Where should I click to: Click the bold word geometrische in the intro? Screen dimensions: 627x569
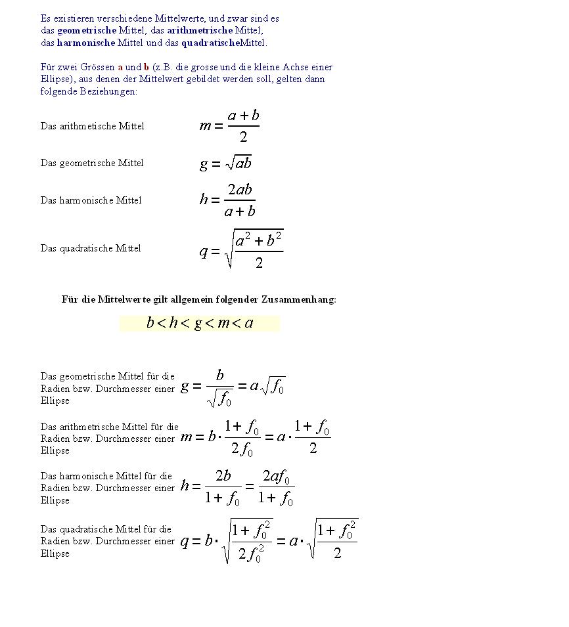click(87, 30)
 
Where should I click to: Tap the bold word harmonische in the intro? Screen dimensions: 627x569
click(86, 43)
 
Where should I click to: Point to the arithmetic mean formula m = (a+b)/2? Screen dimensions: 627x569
click(229, 125)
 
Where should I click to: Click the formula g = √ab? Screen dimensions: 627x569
click(225, 163)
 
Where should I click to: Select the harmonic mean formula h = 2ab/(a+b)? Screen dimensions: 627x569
click(227, 200)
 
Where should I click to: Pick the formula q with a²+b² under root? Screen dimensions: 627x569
click(241, 249)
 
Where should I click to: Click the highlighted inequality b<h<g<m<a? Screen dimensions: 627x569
click(200, 323)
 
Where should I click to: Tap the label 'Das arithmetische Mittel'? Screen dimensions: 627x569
click(92, 126)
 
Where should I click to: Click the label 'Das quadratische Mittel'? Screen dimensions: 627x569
click(91, 248)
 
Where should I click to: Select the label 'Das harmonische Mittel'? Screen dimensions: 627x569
click(91, 200)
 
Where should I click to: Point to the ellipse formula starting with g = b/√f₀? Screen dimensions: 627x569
click(233, 387)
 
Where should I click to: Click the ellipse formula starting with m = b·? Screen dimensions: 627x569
click(255, 437)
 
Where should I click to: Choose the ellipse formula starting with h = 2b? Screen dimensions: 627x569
click(237, 487)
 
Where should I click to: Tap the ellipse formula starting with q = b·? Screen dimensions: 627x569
click(269, 541)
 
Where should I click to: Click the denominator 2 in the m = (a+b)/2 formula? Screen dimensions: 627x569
click(243, 137)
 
